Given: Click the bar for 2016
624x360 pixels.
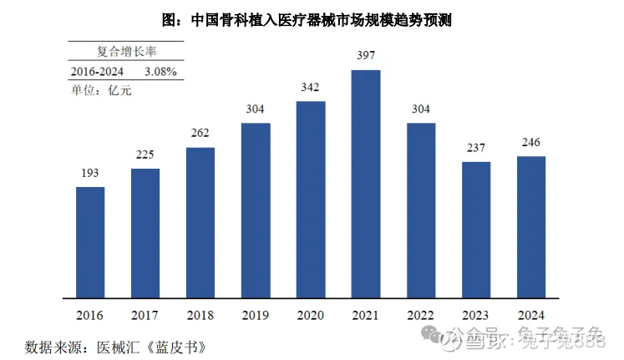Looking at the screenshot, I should (x=90, y=242).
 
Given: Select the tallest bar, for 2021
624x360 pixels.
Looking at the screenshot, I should (x=366, y=184).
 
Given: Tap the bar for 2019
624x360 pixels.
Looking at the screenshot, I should (x=256, y=210).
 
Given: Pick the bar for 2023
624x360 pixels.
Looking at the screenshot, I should (x=476, y=230).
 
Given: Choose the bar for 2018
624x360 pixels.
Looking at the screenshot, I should (x=200, y=222).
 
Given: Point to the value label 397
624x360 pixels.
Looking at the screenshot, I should (x=366, y=56).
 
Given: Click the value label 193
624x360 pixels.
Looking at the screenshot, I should (x=90, y=174).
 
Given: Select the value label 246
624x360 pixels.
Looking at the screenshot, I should (x=531, y=143).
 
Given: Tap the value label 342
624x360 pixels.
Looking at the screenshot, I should (x=311, y=88).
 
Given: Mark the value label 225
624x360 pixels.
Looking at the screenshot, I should (x=145, y=155).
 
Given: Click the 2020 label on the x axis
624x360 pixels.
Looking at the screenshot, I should (x=311, y=316).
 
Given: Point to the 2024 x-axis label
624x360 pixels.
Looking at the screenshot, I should (x=531, y=316).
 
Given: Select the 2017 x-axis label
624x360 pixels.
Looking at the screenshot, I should (x=145, y=316).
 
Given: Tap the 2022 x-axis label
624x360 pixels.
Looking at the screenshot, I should (x=421, y=316).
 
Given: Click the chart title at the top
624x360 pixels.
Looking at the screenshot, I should (x=311, y=18).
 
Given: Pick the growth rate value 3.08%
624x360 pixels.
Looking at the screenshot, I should (x=160, y=72).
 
